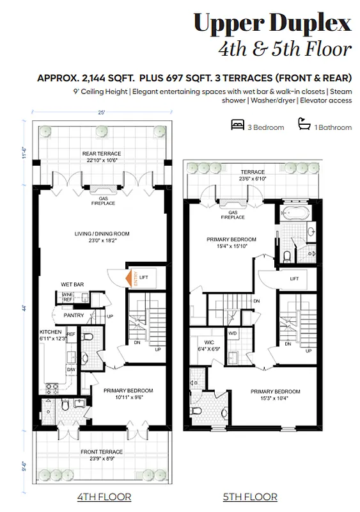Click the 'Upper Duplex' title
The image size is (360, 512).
[x=272, y=24]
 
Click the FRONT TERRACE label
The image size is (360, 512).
[x=101, y=456]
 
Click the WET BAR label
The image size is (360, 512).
[x=74, y=284]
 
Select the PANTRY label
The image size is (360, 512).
[x=74, y=316]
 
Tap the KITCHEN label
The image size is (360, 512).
[x=51, y=332]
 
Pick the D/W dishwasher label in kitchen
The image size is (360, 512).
[x=70, y=369]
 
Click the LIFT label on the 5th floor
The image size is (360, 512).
[x=294, y=279]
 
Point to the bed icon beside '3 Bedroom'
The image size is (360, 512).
[x=237, y=126]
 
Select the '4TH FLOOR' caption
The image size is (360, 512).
[x=104, y=497]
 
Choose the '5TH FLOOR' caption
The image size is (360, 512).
[x=250, y=497]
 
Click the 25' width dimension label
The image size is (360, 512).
[x=101, y=112]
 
